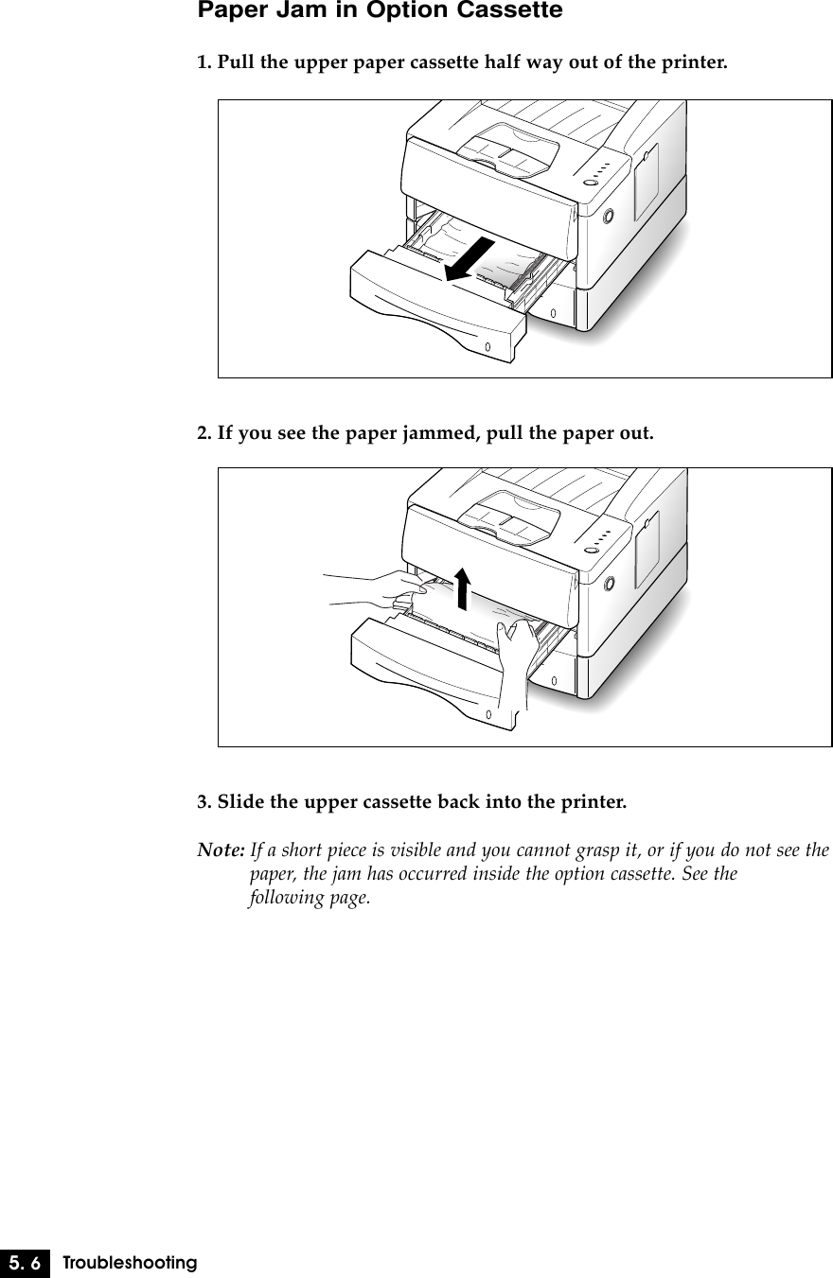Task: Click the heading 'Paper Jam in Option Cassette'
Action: click(x=379, y=11)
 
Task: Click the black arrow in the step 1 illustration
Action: click(x=470, y=259)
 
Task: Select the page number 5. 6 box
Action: click(x=26, y=1262)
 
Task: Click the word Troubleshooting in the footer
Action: click(x=130, y=1263)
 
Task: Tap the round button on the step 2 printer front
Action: click(x=608, y=584)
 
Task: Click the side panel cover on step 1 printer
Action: click(x=647, y=180)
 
